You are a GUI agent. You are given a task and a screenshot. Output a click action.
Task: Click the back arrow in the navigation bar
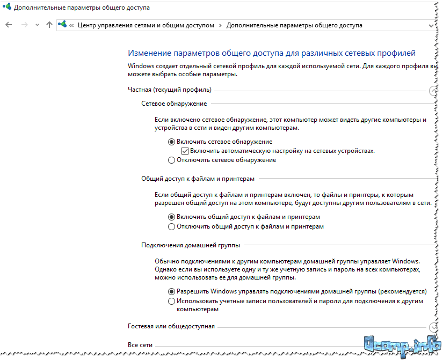click(8, 25)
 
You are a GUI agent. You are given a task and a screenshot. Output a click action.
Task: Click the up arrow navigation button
click(49, 25)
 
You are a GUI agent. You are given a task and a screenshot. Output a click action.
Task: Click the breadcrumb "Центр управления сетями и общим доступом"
click(146, 25)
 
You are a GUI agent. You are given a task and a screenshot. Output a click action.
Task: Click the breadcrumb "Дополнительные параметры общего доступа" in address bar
click(294, 25)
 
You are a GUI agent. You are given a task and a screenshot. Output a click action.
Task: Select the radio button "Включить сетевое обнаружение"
click(172, 142)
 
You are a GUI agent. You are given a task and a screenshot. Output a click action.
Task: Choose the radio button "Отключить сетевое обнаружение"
click(172, 160)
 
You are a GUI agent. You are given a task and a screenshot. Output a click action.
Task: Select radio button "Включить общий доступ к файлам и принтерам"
click(172, 217)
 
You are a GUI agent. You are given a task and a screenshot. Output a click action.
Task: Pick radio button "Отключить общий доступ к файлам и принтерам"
click(172, 226)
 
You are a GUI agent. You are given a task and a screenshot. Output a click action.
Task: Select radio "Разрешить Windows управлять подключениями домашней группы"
click(172, 291)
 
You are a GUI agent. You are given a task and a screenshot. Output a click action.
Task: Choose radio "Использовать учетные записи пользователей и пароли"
click(172, 301)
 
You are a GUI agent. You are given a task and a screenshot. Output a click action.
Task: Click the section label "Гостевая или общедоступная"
click(171, 326)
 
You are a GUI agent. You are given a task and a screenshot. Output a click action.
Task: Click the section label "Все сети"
click(140, 345)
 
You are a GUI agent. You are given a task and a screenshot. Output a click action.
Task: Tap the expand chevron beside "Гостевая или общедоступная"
click(433, 327)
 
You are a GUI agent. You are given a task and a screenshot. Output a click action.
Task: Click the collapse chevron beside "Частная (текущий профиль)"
click(433, 90)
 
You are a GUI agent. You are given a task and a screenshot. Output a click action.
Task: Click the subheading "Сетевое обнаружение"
click(174, 104)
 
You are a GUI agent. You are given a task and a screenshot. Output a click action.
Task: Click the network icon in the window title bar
click(6, 8)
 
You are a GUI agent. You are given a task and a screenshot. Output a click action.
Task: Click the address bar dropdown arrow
click(431, 25)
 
